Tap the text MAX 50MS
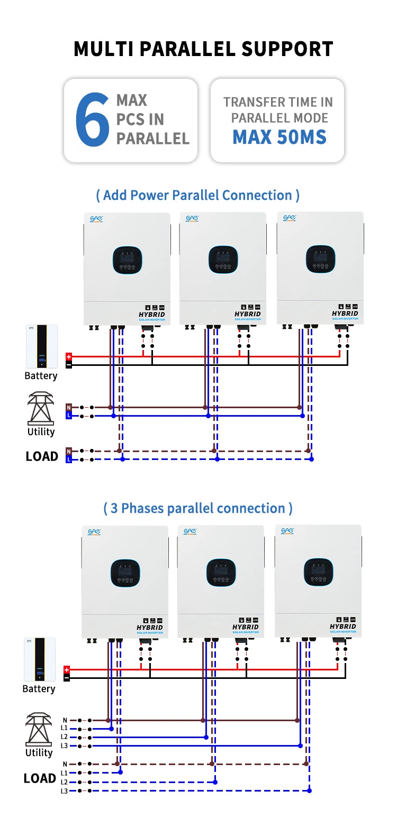tap(279, 137)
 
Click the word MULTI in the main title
tap(104, 49)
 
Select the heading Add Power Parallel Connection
tap(197, 195)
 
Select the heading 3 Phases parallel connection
tap(197, 508)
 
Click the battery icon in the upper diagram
tap(42, 346)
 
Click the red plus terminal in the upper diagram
tap(69, 357)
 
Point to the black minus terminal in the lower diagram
tap(67, 678)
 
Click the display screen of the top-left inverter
tap(127, 260)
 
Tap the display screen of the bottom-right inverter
tap(318, 572)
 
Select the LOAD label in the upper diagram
tap(42, 456)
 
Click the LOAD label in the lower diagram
tap(40, 778)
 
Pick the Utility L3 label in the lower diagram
tap(64, 746)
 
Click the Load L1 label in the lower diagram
tap(64, 773)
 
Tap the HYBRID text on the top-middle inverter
tap(248, 314)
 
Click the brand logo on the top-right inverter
tap(290, 218)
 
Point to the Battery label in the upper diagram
tap(41, 376)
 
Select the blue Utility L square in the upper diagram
tap(69, 416)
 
